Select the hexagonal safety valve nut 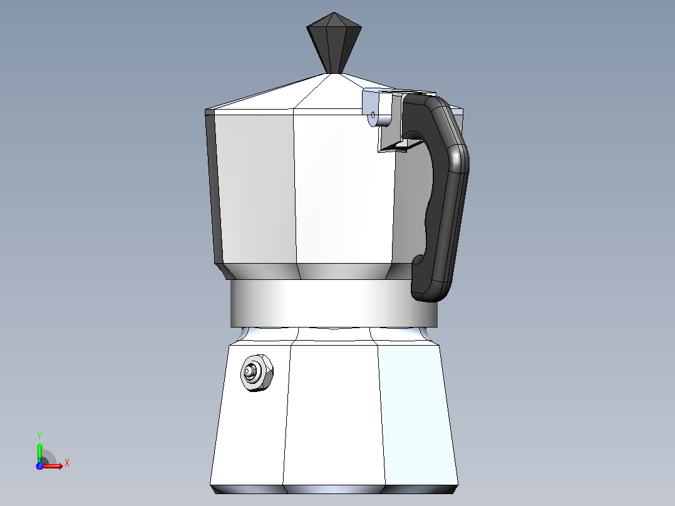point(257,373)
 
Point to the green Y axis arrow point(39,452)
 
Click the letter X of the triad point(67,463)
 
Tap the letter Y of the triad point(39,435)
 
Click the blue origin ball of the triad point(39,465)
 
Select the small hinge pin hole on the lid point(373,115)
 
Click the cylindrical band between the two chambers point(334,303)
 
